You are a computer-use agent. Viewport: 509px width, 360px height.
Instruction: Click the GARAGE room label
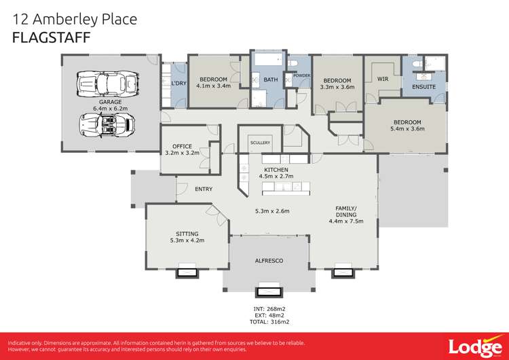click(x=111, y=102)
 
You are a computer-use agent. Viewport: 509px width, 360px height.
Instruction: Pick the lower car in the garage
click(x=107, y=125)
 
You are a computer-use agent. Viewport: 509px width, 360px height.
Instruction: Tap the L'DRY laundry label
click(x=178, y=84)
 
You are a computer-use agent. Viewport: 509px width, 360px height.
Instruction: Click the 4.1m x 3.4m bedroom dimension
click(x=213, y=86)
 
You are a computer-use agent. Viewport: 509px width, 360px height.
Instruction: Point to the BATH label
click(x=271, y=80)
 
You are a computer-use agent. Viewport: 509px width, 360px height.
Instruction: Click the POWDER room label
click(x=302, y=75)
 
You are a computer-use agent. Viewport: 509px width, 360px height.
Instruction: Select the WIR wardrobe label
click(x=383, y=79)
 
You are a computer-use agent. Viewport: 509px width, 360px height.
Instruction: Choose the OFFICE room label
click(x=183, y=146)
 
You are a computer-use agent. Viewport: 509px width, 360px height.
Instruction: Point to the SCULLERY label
click(x=260, y=143)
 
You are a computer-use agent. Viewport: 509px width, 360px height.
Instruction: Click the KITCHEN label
click(x=276, y=169)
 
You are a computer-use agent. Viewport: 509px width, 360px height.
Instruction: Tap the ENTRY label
click(x=204, y=190)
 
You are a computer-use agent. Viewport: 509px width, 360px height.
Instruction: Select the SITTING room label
click(x=187, y=233)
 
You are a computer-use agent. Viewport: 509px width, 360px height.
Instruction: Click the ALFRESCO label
click(x=269, y=261)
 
